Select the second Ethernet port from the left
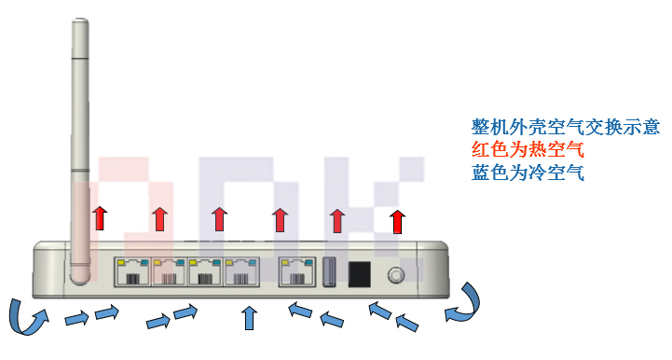(x=169, y=272)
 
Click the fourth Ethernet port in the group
(x=242, y=272)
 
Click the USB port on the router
(x=330, y=272)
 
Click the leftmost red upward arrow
(x=99, y=219)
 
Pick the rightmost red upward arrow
(x=398, y=221)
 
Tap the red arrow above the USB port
(x=337, y=221)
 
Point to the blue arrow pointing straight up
(x=248, y=318)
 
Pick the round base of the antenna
(x=80, y=275)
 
